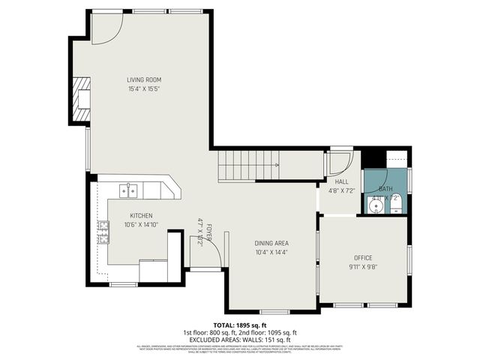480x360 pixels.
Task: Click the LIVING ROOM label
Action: pos(143,79)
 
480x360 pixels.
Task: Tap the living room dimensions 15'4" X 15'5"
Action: pos(143,88)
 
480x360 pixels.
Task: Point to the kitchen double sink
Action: pos(129,190)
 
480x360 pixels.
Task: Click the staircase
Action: pos(247,165)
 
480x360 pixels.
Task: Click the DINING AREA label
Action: pos(271,243)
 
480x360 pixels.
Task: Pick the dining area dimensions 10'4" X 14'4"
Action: pos(271,252)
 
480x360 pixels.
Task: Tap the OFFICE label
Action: pos(363,258)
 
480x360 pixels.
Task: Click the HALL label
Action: pos(341,182)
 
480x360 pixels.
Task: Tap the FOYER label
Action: pos(210,232)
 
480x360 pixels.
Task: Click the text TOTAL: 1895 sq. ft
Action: pos(239,325)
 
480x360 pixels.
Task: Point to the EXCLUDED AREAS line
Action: pos(239,340)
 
